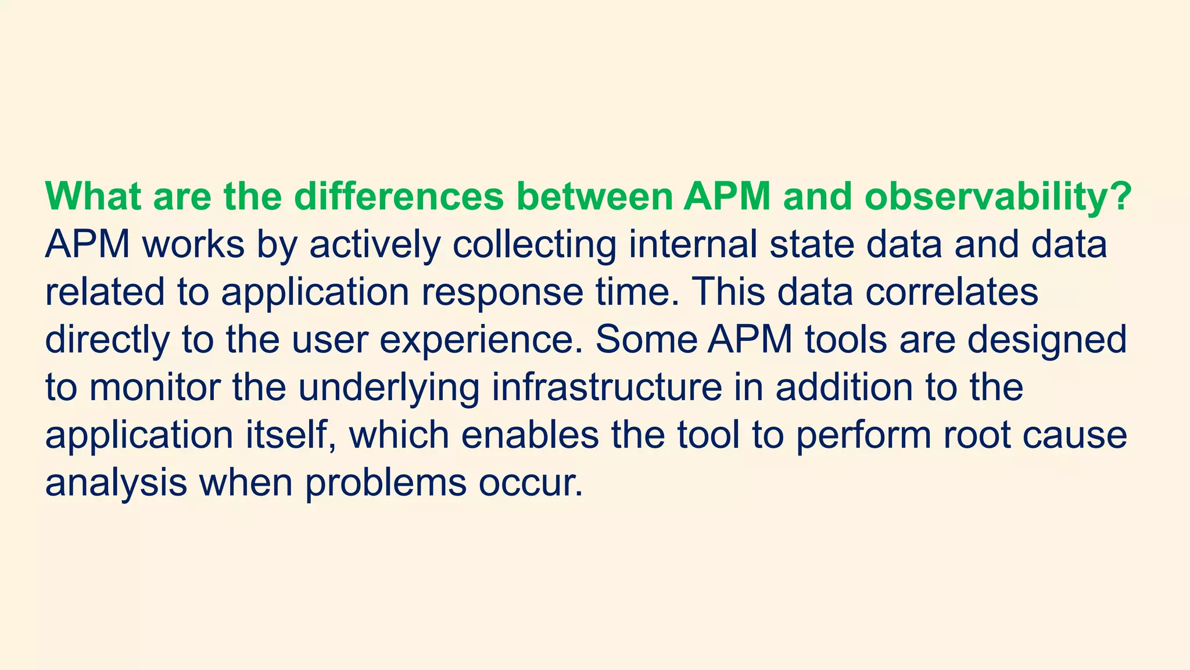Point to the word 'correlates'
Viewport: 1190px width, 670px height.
pos(951,291)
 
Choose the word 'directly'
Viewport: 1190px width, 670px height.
pos(107,340)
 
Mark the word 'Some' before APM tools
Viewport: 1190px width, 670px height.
pos(646,339)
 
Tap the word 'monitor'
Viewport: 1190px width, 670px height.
pos(155,387)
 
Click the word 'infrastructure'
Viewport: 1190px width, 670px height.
pos(607,387)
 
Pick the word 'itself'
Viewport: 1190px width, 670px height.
pos(291,435)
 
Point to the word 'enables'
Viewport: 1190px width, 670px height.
pos(531,435)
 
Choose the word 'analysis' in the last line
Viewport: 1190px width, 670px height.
pos(116,483)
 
